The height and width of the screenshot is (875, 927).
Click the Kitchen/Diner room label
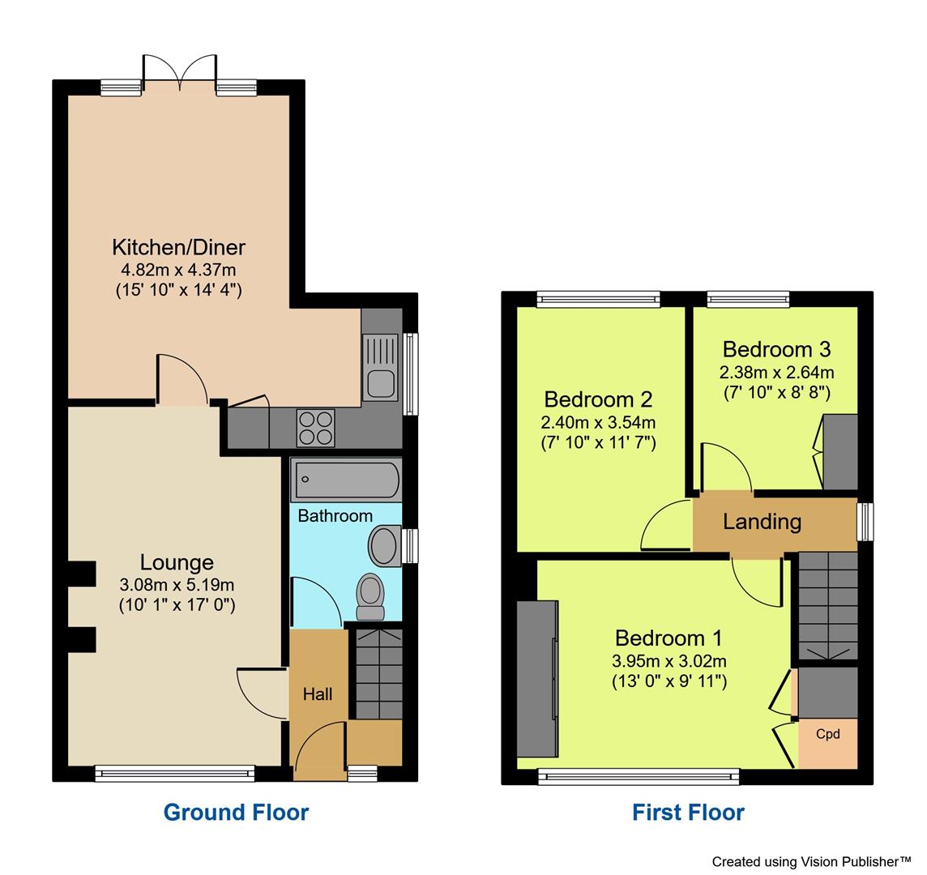tap(178, 247)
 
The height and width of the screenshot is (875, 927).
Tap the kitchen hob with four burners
tap(315, 427)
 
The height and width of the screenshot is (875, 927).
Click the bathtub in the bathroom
tap(346, 480)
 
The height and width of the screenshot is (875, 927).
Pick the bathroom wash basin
tap(384, 544)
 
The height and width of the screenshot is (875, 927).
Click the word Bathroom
tap(335, 516)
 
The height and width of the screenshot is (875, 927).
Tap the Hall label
tap(317, 694)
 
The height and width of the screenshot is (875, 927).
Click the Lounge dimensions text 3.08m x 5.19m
tap(177, 584)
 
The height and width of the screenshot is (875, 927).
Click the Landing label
tap(762, 522)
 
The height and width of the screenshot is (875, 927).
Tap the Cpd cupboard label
tap(827, 734)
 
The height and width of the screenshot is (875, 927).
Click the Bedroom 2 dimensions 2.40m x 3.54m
tap(598, 422)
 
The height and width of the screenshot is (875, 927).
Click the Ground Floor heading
tap(236, 812)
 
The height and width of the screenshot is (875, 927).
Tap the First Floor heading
tap(688, 812)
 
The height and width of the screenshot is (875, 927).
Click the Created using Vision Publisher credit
tap(812, 861)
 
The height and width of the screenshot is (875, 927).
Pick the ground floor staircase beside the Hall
tap(378, 672)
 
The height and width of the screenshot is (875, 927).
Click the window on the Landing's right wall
tap(865, 521)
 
